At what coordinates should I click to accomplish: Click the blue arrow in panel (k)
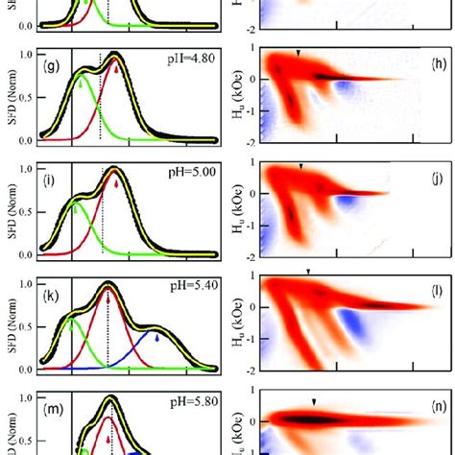click(x=157, y=336)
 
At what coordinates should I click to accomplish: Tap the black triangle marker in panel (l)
click(x=307, y=273)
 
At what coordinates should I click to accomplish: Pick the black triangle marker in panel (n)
click(x=313, y=402)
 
